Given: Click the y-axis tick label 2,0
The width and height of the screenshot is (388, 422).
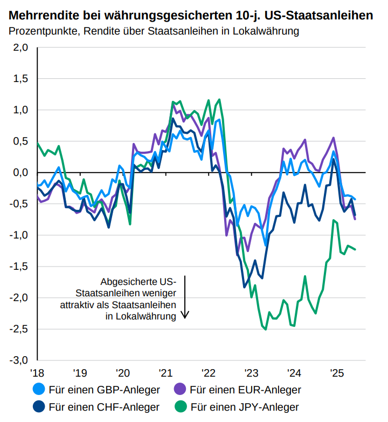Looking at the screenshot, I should click(x=20, y=47).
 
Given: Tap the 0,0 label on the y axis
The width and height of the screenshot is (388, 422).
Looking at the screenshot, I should click(x=20, y=173).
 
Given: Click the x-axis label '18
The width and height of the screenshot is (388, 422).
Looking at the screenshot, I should click(x=38, y=373).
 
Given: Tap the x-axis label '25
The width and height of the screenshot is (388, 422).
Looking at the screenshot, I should click(x=337, y=373).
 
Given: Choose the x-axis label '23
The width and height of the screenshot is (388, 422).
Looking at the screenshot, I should click(x=251, y=373).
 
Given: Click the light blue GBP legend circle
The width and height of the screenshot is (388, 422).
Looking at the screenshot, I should click(x=39, y=389).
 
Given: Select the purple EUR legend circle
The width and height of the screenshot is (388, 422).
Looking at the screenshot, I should click(x=181, y=389).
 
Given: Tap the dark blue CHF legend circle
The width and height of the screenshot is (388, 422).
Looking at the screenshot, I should click(x=39, y=406).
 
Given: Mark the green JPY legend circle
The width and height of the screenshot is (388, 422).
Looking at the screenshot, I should click(x=181, y=406).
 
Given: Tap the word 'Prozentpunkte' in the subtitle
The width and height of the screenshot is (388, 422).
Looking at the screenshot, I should click(x=43, y=31).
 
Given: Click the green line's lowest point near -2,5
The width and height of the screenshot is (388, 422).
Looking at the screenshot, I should click(x=265, y=329).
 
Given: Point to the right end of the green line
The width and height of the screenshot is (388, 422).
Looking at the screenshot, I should click(x=355, y=249).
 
